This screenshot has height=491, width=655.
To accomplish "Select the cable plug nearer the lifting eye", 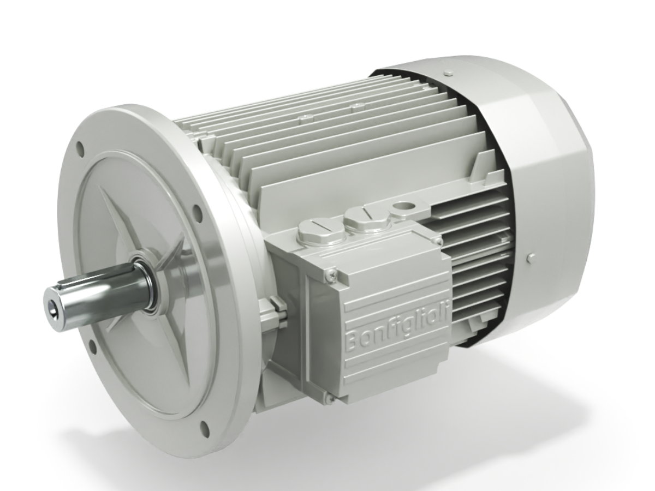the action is (366, 217).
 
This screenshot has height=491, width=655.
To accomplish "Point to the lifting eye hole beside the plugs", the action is (404, 206).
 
